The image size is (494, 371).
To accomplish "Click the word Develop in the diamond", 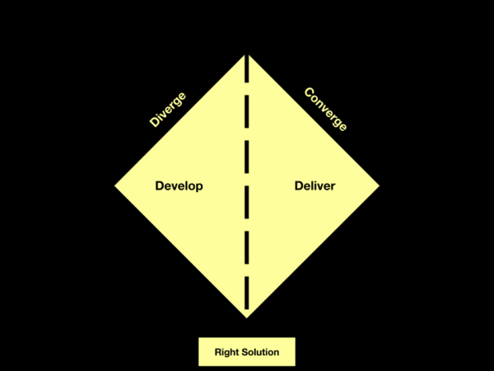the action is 179,186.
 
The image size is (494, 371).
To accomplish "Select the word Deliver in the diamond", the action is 315,185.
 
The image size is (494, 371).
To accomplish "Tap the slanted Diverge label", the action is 168,110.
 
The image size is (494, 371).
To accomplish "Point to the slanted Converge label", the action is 325,109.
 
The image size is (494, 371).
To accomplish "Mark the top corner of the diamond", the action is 247,54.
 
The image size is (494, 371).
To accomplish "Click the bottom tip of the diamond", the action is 247,318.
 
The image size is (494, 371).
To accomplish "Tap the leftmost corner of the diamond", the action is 114,185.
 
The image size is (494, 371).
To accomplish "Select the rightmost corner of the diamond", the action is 380,185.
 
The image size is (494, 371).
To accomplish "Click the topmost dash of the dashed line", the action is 247,68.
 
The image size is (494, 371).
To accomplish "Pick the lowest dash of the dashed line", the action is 247,293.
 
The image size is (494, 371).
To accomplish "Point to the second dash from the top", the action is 247,111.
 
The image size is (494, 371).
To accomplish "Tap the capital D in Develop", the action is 160,185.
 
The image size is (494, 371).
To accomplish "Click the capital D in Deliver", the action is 299,185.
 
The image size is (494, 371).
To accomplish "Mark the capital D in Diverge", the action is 155,122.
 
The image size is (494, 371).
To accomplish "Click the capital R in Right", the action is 218,352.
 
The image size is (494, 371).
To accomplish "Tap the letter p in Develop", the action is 199,187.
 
